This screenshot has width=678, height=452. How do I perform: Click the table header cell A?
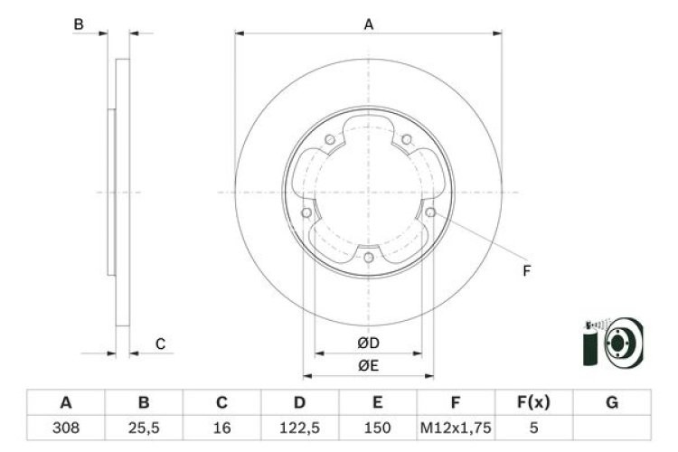coord(66,402)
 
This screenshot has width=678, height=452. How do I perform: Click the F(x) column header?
coord(533,402)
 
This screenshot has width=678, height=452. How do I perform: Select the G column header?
coord(611,402)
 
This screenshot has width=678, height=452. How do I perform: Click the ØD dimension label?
coord(367,343)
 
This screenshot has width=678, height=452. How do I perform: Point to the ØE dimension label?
coord(367,365)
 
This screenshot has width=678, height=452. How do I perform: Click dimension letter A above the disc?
coord(368,25)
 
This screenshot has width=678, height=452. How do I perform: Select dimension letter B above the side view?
coord(79,25)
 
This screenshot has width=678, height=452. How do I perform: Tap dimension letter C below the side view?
coord(159,344)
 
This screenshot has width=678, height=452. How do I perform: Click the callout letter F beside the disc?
coord(527,270)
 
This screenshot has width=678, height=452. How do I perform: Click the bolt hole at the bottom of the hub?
coord(368,259)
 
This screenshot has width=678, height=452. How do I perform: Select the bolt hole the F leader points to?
coord(430,212)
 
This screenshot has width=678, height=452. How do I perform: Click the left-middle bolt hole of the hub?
coord(306,213)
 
